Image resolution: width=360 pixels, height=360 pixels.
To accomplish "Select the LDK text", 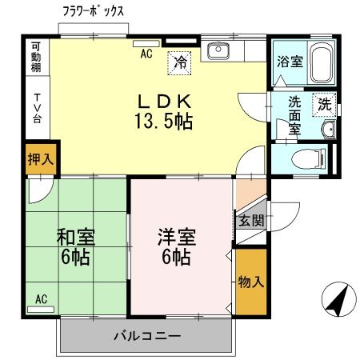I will pos(165,103).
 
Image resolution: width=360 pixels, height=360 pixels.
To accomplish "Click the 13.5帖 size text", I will pos(165,122).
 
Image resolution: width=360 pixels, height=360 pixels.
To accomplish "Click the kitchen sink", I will pos(218,52).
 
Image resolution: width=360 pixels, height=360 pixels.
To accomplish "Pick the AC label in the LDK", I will pos(146,54).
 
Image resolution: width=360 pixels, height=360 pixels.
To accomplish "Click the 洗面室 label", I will pos(294,114).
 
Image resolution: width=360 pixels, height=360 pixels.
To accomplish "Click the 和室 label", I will pos(74,238).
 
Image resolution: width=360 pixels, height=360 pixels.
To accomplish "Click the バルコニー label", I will pos(146,336).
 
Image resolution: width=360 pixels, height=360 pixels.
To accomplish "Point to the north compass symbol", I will pos(338,301).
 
